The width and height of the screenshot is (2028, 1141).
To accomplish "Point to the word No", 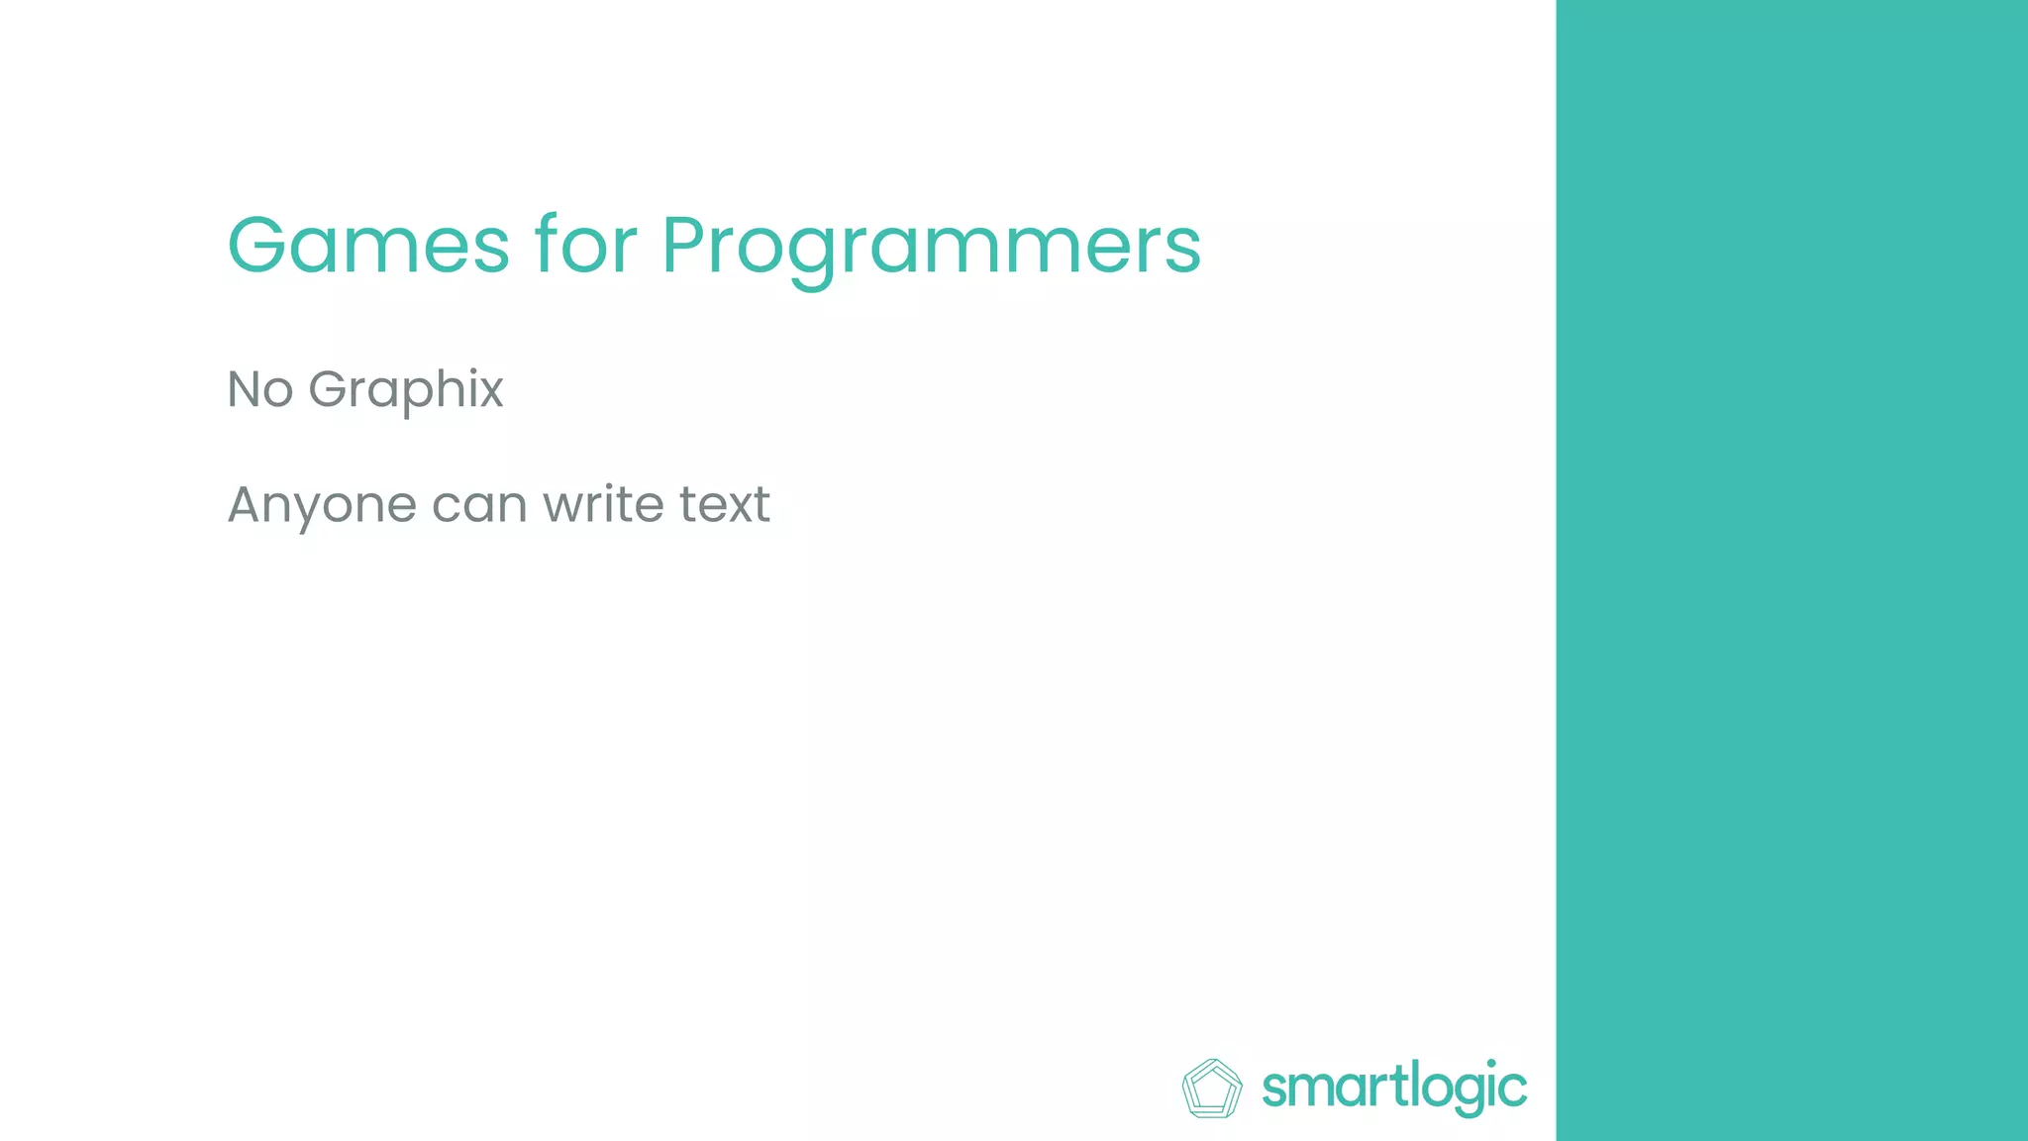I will pos(259,389).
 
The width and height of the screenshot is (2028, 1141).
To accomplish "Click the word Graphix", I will pos(406,389).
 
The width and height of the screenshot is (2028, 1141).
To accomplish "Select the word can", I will pos(478,505).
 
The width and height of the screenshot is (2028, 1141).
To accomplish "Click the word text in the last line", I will pos(724,504).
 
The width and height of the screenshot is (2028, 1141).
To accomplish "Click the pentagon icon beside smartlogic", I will pos(1212,1089).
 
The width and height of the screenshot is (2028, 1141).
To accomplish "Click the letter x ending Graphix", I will pos(490,391).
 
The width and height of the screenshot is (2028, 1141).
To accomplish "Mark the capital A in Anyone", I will pos(245,504).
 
